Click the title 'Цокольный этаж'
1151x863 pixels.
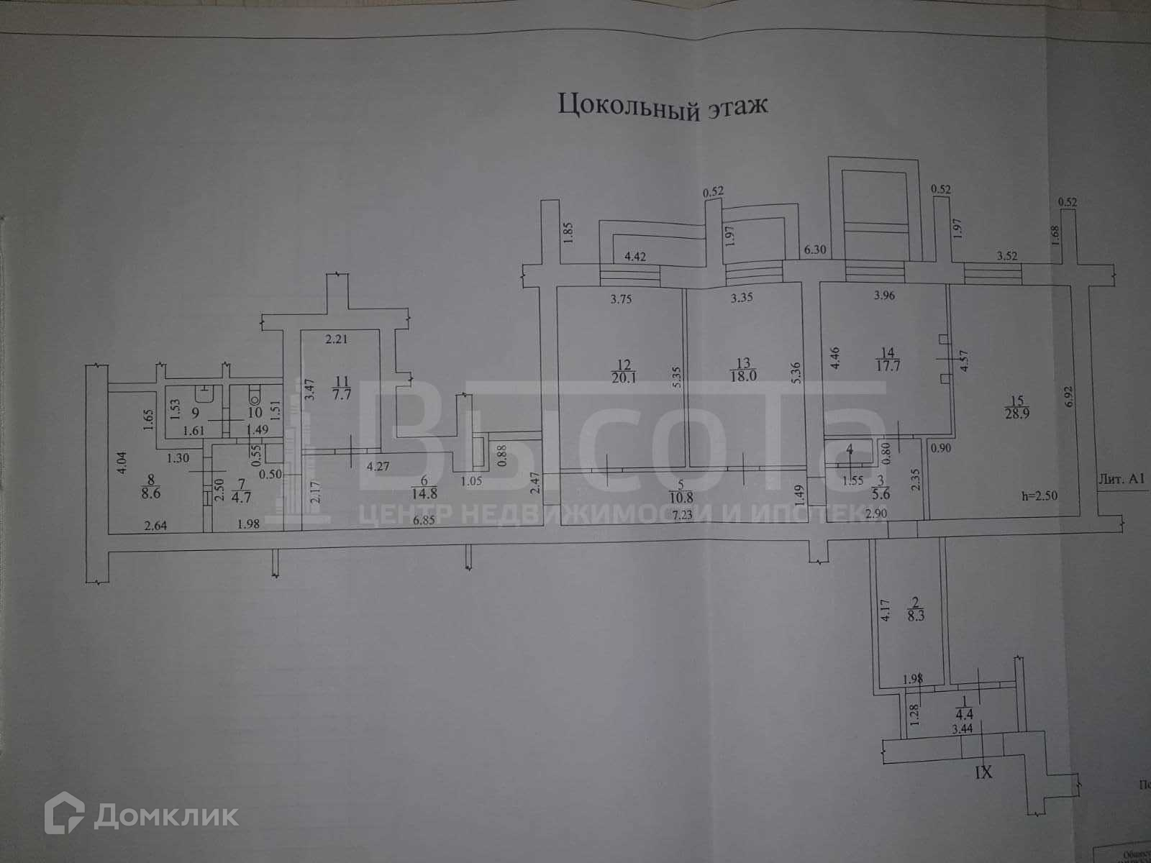[663, 106]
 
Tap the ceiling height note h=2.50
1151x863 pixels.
[1040, 496]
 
